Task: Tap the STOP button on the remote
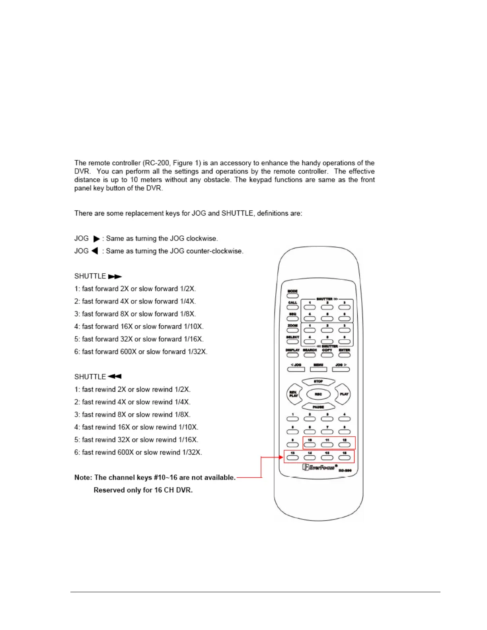(x=318, y=382)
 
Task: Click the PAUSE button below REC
(x=318, y=407)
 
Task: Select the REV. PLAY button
(x=294, y=394)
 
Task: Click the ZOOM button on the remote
(x=292, y=330)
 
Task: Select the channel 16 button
(x=345, y=458)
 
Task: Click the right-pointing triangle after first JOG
(x=96, y=239)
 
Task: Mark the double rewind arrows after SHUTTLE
(x=115, y=377)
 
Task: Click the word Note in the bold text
(x=83, y=478)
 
